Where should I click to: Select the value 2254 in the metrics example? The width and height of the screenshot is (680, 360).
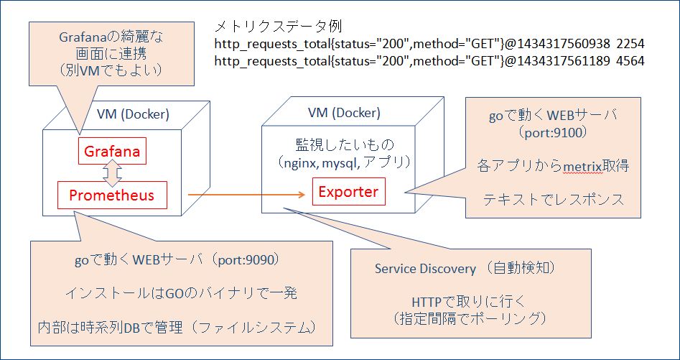coord(629,45)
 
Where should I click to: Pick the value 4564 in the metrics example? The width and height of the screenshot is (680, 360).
coord(629,62)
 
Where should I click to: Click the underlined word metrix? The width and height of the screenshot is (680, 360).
coord(582,166)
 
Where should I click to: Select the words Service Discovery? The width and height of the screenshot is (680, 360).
coord(425,269)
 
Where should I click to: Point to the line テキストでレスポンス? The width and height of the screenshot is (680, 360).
coord(553,200)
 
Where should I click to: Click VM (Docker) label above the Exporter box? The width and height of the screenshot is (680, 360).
coord(344,113)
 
